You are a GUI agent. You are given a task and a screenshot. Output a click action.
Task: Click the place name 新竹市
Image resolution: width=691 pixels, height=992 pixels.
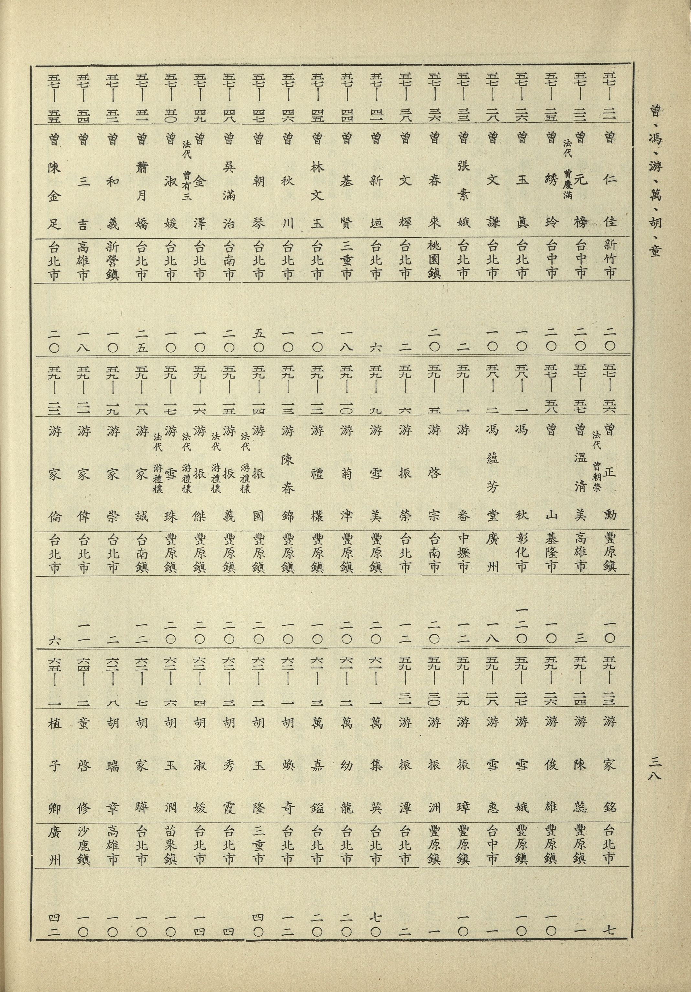click(x=610, y=259)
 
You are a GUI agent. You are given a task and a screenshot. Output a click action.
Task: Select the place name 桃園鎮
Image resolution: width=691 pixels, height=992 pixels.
click(x=434, y=259)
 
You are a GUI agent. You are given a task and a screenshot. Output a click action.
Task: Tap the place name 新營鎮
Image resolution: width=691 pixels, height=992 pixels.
click(x=113, y=259)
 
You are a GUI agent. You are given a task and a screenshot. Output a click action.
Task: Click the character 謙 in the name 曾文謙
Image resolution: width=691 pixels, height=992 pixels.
click(x=493, y=223)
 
